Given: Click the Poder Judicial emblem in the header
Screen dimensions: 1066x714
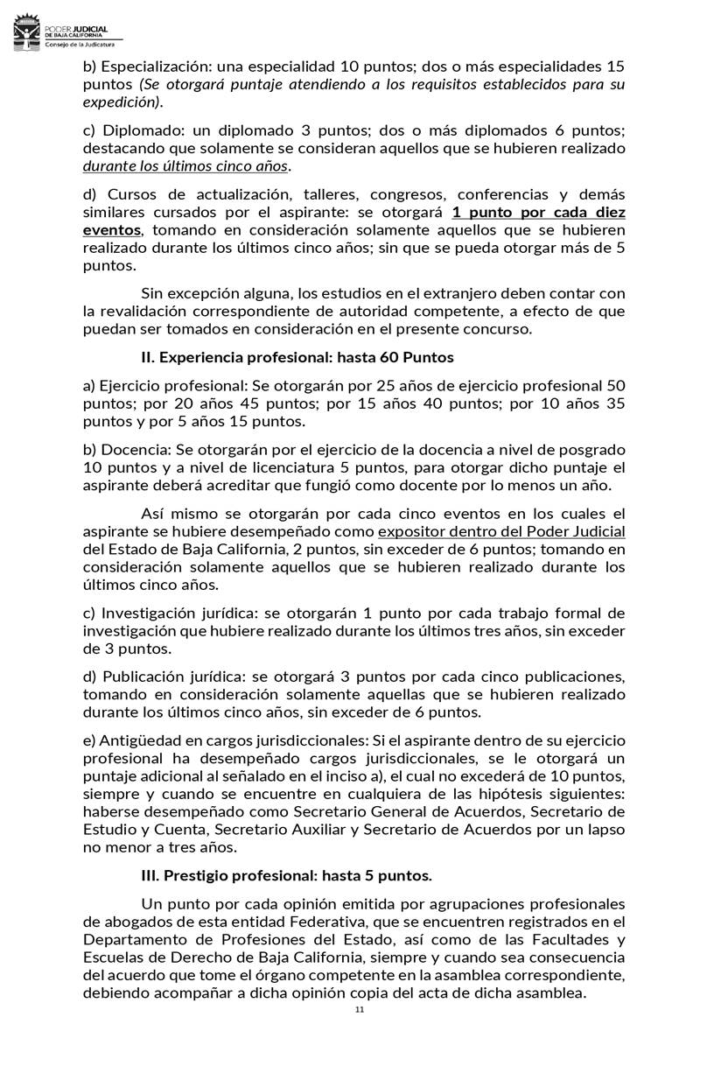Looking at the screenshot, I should coord(27,36).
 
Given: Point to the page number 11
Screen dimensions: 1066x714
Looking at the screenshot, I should coord(359,1010).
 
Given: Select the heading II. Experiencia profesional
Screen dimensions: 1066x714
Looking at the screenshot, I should coord(297,357).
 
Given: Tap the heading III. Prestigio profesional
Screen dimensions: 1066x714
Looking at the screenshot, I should coord(286,875).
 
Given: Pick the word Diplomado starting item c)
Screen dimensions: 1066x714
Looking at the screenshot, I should coord(140,130).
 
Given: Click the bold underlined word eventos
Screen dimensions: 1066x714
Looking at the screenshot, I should coord(112,230).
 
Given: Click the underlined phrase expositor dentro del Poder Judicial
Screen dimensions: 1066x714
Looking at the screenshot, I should coord(501,532).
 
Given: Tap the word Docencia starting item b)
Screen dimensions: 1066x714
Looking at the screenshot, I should coord(136,449).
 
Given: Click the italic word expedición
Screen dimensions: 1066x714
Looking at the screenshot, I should coord(122,102).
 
